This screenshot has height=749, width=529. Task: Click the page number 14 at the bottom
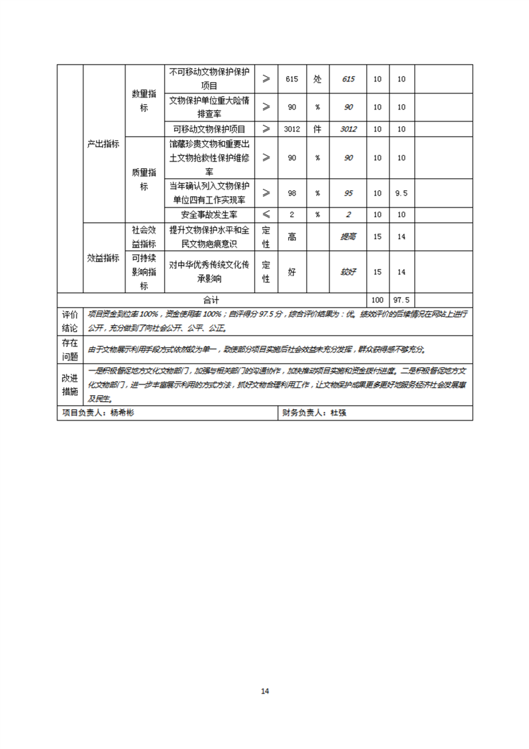[x=265, y=691]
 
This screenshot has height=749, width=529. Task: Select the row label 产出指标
[x=103, y=144]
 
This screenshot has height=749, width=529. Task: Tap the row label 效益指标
[x=103, y=258]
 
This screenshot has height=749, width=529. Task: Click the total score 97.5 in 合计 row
[x=402, y=300]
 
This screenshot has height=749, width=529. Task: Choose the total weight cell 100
[x=378, y=300]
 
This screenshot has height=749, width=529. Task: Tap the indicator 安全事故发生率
[x=209, y=215]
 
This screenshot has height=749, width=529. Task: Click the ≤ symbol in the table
[x=266, y=215]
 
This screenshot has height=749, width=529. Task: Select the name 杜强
[x=338, y=413]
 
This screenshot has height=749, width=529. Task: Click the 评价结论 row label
[x=69, y=321]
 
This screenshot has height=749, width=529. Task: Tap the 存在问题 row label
[x=69, y=349]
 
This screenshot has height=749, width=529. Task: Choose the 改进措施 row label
[x=69, y=384]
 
